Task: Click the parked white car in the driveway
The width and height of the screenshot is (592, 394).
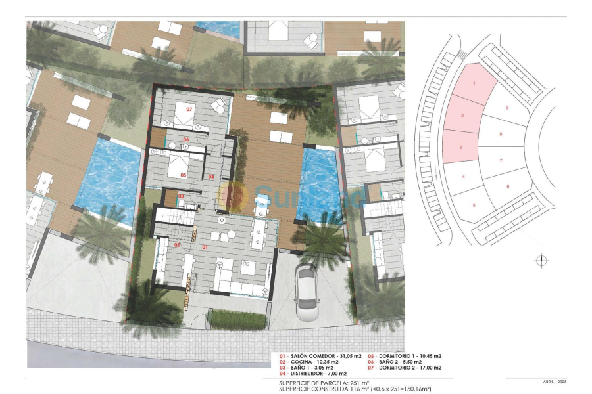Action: pos(308,290)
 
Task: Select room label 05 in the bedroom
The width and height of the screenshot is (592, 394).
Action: pos(184,175)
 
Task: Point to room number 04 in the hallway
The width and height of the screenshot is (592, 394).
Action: pos(211,177)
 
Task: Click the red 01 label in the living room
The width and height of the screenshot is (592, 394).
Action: pos(204,248)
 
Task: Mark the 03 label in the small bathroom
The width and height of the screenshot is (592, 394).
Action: pos(181,196)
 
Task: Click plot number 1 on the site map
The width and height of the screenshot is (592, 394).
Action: pos(474,83)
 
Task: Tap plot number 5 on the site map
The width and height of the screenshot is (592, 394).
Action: pos(474,206)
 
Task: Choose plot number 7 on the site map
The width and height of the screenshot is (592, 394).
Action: pos(501,160)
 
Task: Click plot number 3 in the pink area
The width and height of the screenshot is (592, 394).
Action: pos(460,147)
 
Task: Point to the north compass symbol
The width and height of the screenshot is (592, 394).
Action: pos(541,261)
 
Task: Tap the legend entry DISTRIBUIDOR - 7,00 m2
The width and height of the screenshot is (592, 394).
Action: pos(317,374)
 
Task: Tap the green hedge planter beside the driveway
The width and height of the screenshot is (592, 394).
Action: pos(237,319)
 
